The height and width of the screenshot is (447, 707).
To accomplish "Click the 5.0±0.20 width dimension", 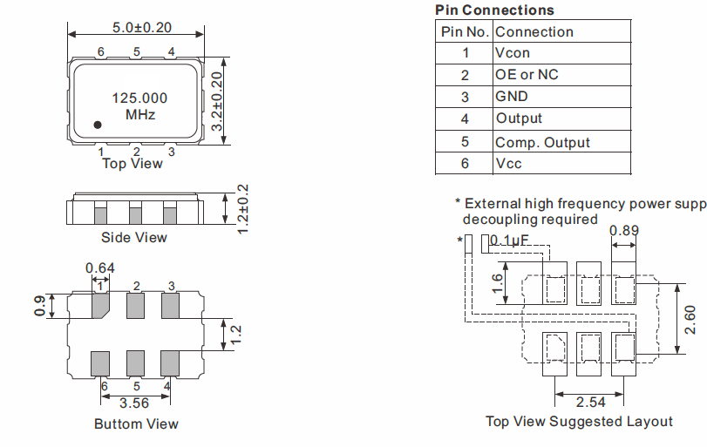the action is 142,28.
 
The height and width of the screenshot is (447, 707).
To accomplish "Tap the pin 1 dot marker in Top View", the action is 98,125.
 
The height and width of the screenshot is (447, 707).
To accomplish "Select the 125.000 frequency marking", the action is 139,98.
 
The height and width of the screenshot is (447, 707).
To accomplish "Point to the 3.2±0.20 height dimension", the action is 217,101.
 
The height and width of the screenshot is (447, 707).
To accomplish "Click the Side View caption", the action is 134,238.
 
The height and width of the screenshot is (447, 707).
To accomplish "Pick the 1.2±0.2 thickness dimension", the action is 242,209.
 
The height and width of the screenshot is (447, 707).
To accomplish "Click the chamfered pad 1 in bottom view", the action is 100,306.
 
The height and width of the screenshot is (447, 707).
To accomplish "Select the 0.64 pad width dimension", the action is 100,268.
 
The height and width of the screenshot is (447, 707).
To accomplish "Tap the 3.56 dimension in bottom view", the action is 134,403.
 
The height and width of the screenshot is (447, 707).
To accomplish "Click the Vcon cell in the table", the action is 513,53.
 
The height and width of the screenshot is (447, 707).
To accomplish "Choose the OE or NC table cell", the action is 527,75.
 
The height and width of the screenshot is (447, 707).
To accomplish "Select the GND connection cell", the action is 512,97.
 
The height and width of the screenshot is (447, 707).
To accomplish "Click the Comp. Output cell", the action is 542,142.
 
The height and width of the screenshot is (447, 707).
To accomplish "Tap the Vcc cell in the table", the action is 508,164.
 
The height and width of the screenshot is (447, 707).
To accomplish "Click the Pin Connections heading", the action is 494,10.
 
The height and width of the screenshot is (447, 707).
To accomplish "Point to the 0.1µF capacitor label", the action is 508,240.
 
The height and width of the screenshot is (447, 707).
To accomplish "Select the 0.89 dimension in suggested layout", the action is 624,231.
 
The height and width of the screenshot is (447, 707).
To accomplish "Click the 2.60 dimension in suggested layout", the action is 690,320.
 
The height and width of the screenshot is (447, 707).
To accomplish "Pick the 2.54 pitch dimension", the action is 591,402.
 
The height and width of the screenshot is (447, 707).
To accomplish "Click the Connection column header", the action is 534,32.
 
